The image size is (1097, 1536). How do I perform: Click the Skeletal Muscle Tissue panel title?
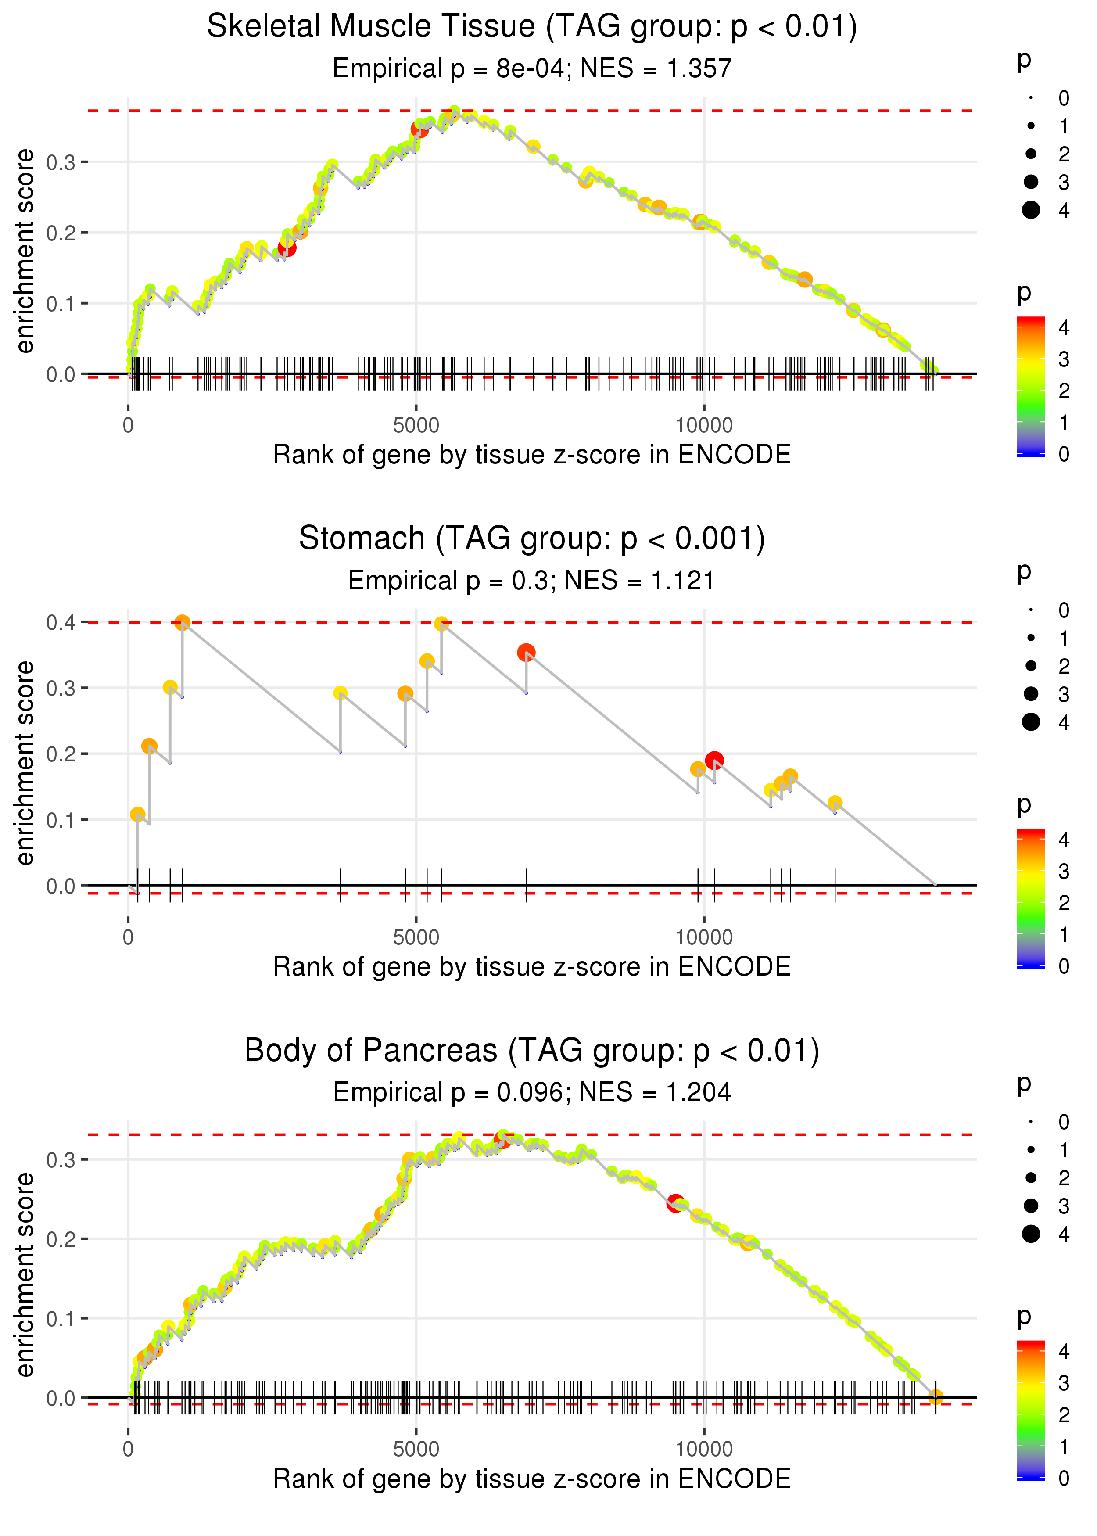[x=532, y=27]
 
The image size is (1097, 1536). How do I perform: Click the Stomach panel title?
[x=532, y=539]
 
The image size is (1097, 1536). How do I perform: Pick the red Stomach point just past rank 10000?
[x=714, y=761]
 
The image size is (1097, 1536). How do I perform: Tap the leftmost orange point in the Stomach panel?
[x=137, y=815]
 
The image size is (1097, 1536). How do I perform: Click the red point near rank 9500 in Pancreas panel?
[x=675, y=1203]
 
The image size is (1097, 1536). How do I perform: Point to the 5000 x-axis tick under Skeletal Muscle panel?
[x=416, y=426]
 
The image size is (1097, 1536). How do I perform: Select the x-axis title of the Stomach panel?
[x=532, y=967]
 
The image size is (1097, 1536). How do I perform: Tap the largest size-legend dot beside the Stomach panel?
[x=1031, y=722]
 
